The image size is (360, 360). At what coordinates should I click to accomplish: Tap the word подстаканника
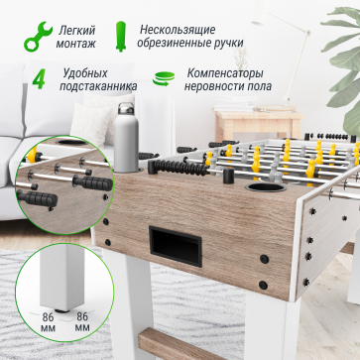click(x=95, y=90)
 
